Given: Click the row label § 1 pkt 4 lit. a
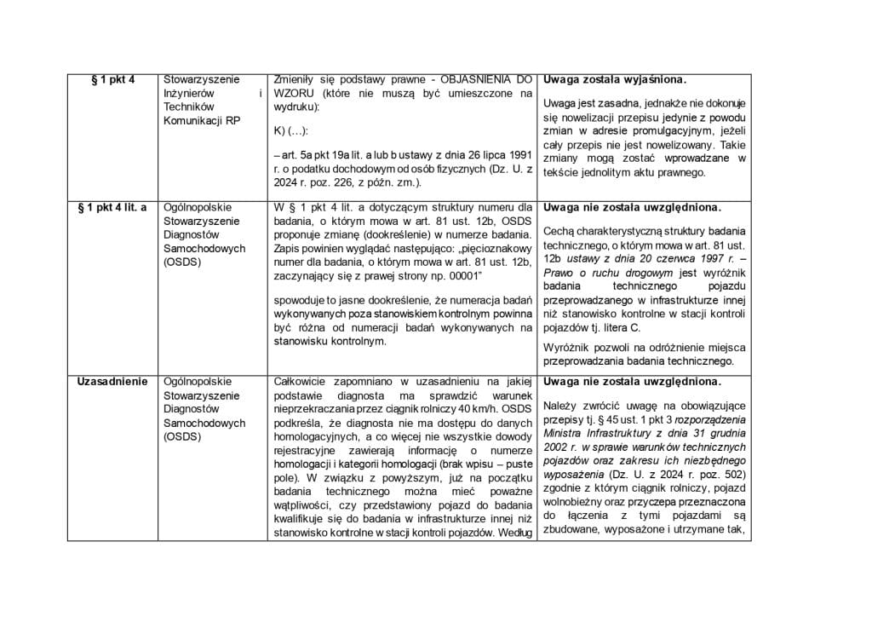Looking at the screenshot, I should (112, 207).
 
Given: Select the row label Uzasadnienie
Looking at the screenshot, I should (112, 381).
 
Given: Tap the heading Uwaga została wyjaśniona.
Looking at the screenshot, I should (613, 79).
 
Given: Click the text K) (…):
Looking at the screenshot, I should (292, 131).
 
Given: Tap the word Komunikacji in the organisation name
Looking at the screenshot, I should (193, 120).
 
